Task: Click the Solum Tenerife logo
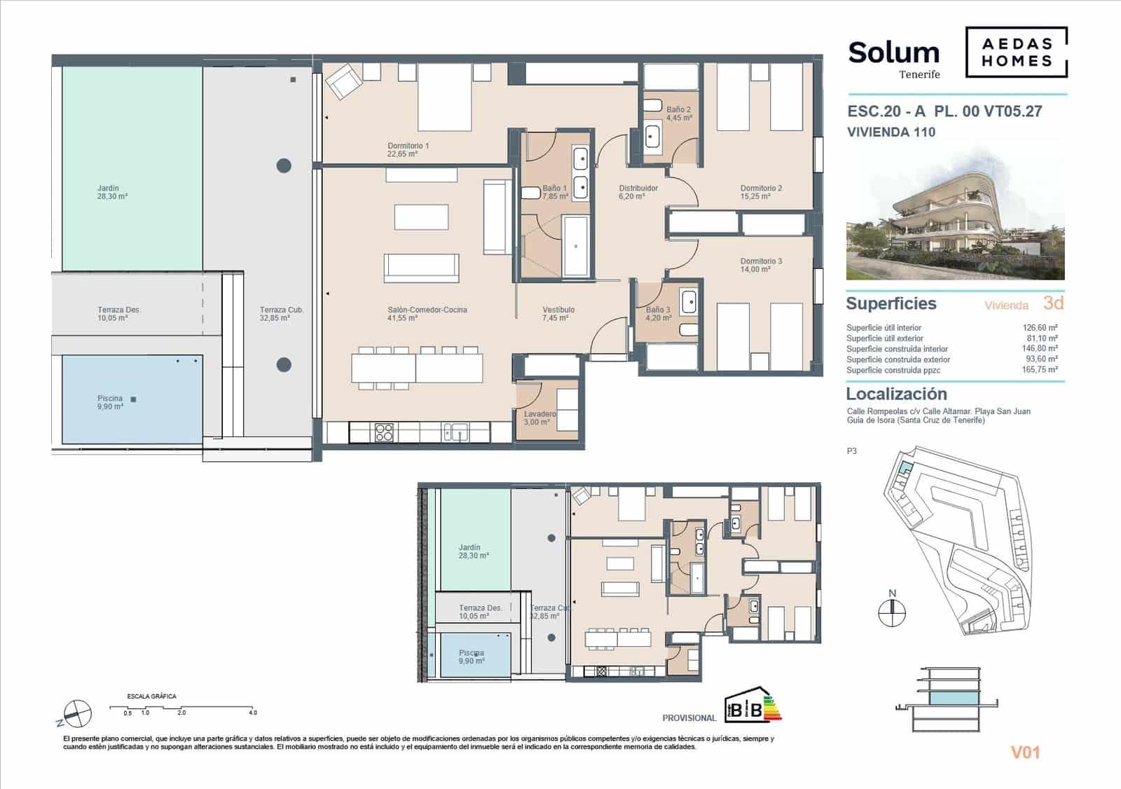tap(894, 58)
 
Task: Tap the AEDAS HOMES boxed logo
tap(1016, 53)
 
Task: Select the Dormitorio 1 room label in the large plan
tap(408, 149)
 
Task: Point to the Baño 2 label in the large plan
tap(678, 114)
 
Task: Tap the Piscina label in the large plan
tap(110, 402)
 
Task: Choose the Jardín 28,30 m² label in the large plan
tap(111, 193)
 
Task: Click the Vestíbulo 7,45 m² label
tap(558, 314)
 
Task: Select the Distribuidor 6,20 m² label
tap(638, 192)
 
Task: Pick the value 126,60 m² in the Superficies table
tap(1040, 327)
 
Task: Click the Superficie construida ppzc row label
tap(893, 370)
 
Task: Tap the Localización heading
tap(896, 394)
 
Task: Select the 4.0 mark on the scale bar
tap(252, 713)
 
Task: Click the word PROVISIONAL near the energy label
tap(689, 718)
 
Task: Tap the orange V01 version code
tap(1025, 753)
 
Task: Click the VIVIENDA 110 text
tap(890, 132)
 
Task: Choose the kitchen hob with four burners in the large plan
tap(384, 432)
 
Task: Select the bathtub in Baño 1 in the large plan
tap(576, 246)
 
